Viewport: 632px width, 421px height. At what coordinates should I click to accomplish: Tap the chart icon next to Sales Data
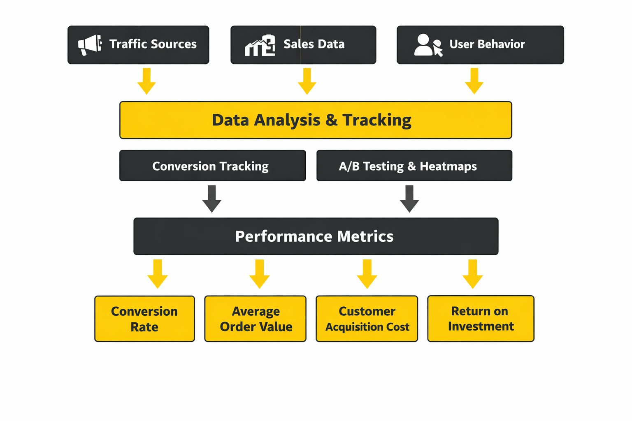pos(260,45)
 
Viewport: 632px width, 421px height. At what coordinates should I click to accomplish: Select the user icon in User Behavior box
pos(428,45)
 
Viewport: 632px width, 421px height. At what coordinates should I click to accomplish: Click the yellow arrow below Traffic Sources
pos(146,81)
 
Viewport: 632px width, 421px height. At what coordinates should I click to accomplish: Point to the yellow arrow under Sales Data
pos(307,81)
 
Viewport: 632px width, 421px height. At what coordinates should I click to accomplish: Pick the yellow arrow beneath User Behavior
pos(474,81)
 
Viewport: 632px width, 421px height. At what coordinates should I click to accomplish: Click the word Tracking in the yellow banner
pos(377,120)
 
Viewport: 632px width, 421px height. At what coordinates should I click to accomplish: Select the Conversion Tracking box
pos(212,166)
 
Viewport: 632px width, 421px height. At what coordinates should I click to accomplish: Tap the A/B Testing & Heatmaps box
pos(414,166)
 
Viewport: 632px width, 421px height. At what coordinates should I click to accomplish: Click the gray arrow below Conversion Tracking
pos(212,199)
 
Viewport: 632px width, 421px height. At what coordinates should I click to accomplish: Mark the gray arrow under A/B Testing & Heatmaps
pos(409,199)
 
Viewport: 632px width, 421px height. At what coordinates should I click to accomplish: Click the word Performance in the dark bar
pos(283,236)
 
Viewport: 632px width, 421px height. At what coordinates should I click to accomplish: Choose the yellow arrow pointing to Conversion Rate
pos(158,274)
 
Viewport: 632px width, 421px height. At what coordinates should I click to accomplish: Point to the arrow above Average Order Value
pos(260,274)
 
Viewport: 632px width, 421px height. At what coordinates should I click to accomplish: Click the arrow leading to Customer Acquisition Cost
pos(367,274)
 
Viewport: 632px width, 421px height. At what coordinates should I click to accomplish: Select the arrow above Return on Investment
pos(473,274)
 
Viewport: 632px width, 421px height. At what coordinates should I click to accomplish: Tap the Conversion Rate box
pos(144,319)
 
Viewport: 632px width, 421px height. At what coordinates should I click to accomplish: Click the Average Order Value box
pos(256,319)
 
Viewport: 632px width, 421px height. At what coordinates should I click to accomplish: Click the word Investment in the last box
pos(481,326)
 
